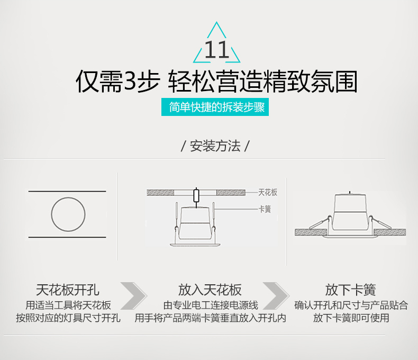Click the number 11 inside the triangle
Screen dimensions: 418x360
(217, 50)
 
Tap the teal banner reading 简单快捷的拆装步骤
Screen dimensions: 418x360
(215, 107)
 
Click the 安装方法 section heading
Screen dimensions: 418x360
(215, 146)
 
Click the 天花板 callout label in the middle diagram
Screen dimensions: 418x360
(268, 192)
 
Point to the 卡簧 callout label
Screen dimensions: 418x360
(265, 209)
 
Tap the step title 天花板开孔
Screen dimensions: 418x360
(68, 290)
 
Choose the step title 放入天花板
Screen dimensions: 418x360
(210, 290)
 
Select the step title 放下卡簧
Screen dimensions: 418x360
(351, 290)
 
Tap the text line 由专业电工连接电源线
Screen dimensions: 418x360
(211, 305)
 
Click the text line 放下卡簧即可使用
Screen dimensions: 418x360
(351, 318)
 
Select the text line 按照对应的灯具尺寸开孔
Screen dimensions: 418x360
(68, 318)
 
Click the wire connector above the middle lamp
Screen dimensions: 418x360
(196, 195)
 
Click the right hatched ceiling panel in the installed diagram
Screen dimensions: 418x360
(390, 232)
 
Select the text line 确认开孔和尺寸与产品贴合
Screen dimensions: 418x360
(351, 305)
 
